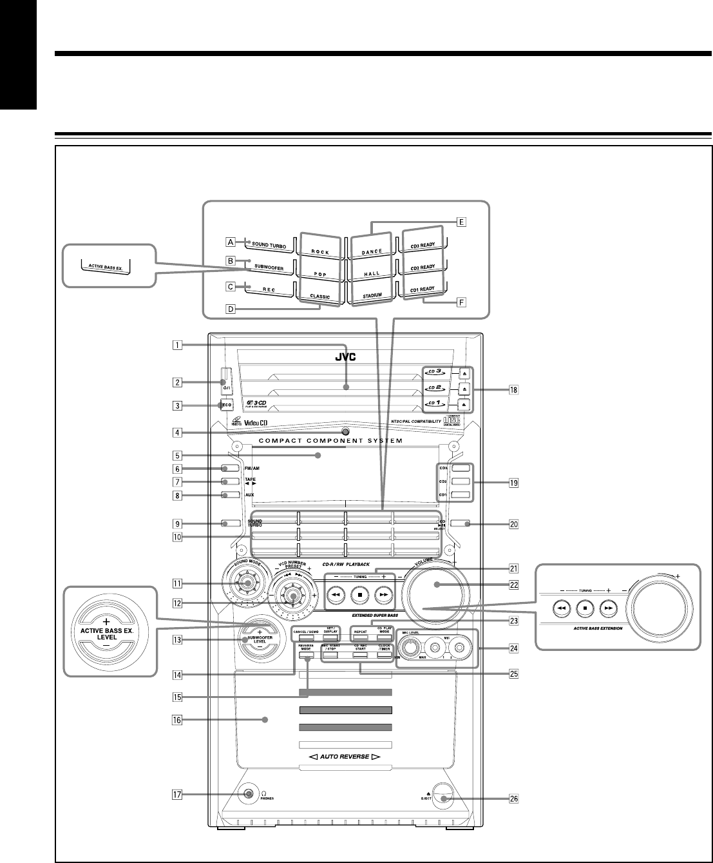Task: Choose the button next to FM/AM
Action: pyautogui.click(x=230, y=469)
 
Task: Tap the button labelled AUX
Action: pyautogui.click(x=230, y=495)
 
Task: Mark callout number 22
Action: pyautogui.click(x=513, y=585)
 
